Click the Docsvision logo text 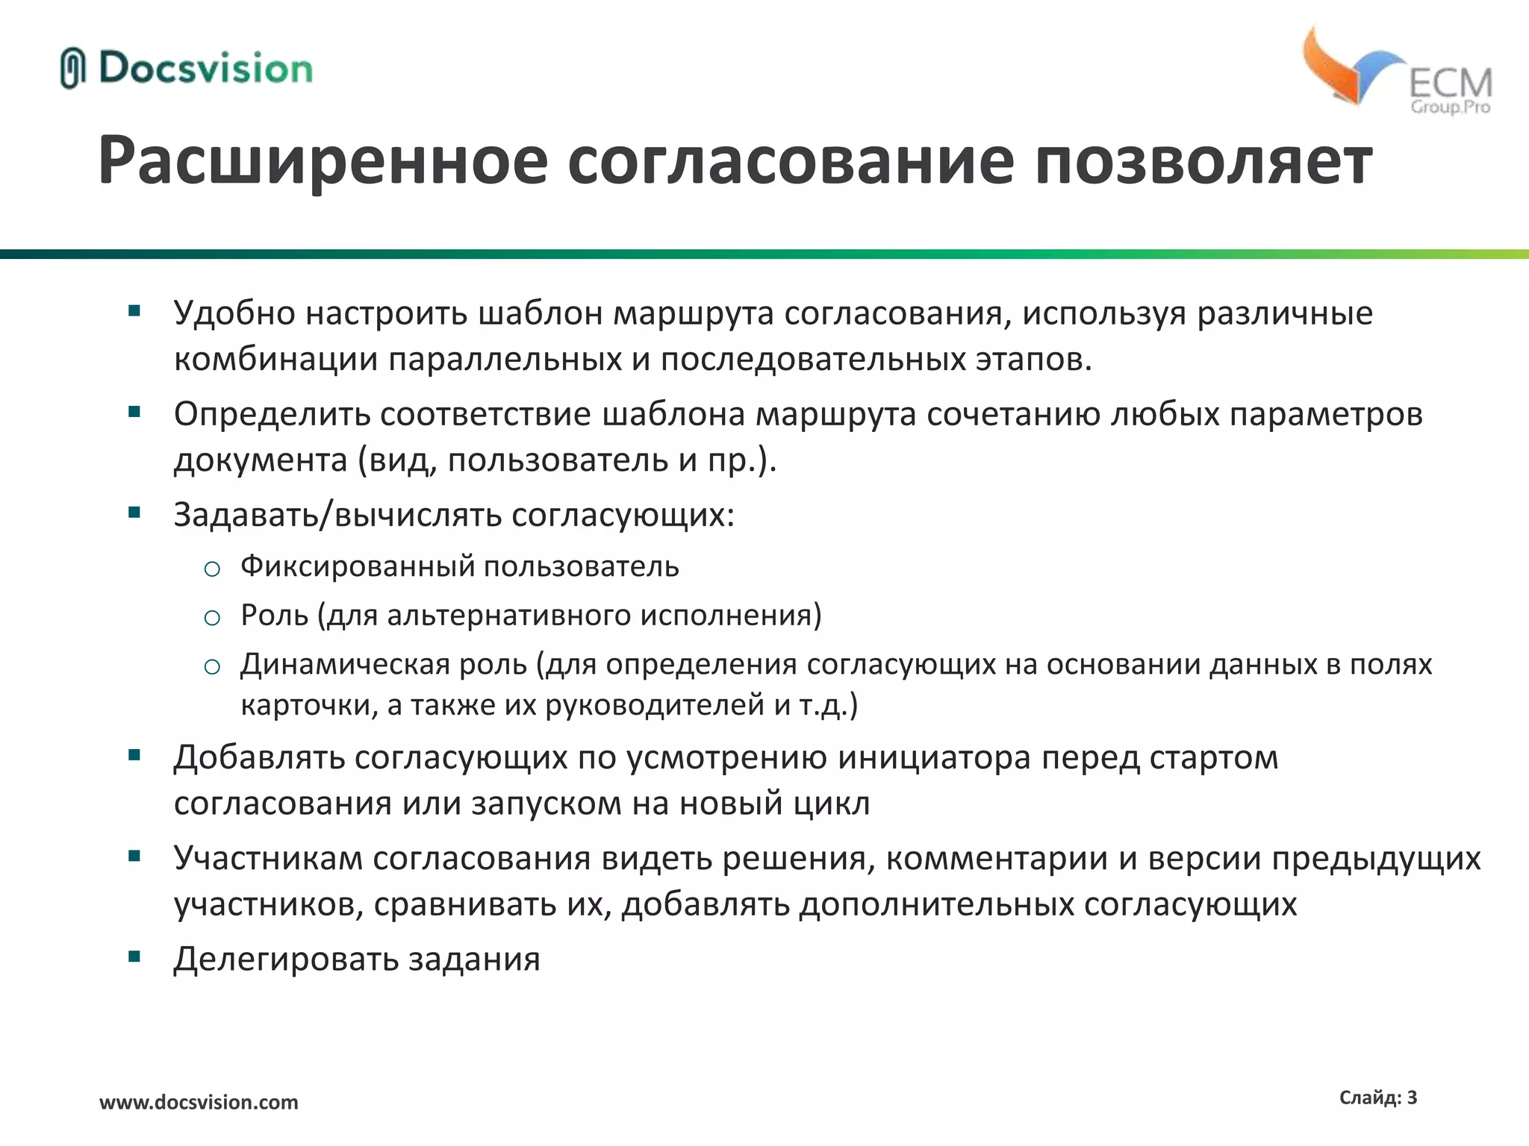pyautogui.click(x=205, y=69)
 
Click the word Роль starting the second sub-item pyautogui.click(x=274, y=616)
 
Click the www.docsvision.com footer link pyautogui.click(x=199, y=1102)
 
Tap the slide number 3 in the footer pyautogui.click(x=1412, y=1098)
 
